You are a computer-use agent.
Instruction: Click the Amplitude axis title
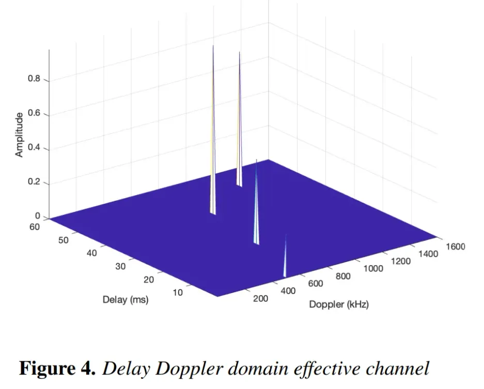[19, 135]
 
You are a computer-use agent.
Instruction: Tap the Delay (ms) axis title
[126, 299]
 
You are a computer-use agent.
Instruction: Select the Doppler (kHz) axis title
[339, 304]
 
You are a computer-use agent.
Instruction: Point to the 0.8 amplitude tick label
[34, 80]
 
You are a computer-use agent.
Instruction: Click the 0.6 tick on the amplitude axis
[34, 115]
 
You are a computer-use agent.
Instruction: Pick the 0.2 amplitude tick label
[34, 183]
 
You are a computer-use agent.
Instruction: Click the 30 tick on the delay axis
[120, 266]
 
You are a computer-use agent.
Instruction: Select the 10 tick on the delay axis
[177, 293]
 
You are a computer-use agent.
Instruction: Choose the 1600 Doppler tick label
[455, 246]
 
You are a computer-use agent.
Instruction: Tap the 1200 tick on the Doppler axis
[401, 261]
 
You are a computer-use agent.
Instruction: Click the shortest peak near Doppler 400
[285, 258]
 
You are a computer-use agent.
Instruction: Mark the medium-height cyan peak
[256, 206]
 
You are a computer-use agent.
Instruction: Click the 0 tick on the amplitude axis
[37, 217]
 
